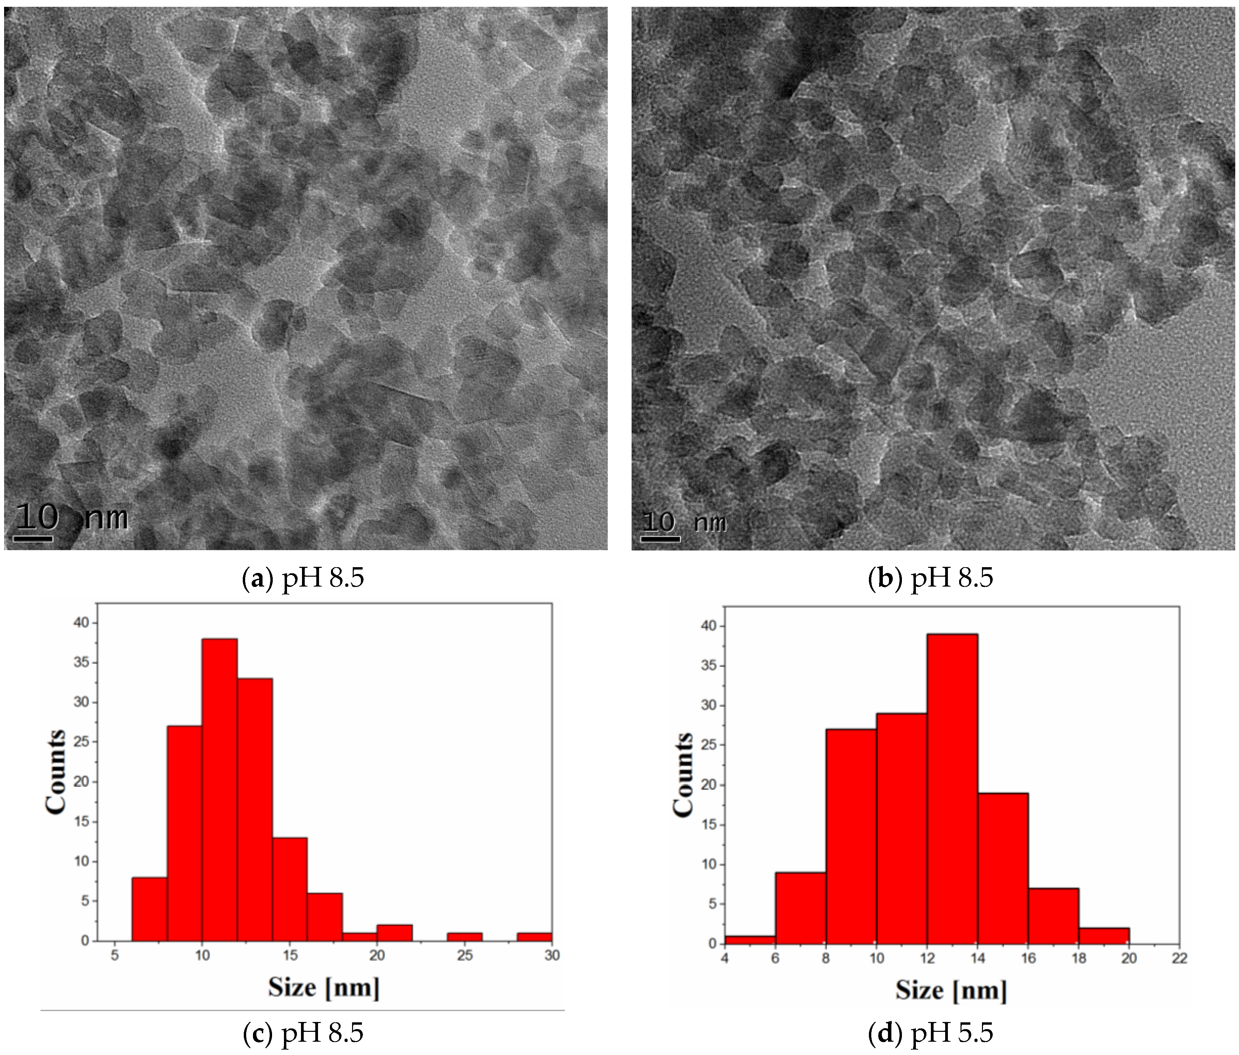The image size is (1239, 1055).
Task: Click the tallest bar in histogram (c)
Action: click(x=220, y=789)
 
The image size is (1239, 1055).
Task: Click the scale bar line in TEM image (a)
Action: click(x=33, y=539)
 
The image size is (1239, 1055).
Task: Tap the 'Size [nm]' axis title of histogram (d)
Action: click(x=951, y=990)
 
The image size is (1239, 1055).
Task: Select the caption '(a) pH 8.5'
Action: click(x=304, y=578)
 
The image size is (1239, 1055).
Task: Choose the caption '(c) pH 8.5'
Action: click(x=304, y=1032)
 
